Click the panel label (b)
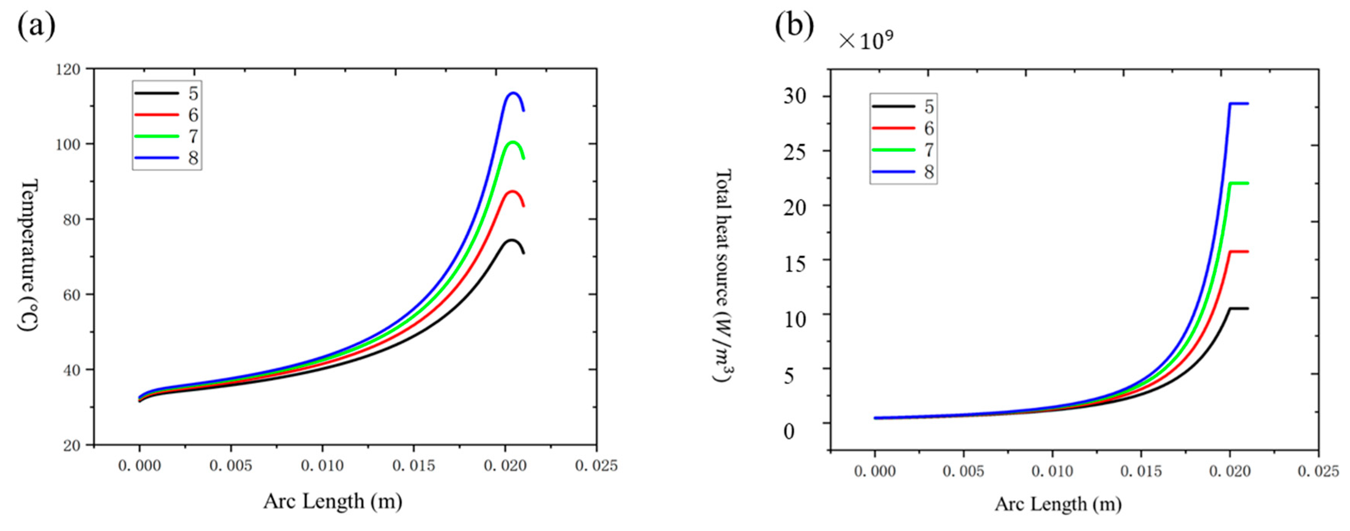[x=794, y=25]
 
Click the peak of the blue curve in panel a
[x=513, y=93]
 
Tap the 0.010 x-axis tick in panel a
[x=322, y=465]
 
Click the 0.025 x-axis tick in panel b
[x=1318, y=471]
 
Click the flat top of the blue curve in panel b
[x=1239, y=104]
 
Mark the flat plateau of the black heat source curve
[x=1239, y=309]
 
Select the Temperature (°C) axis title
[x=28, y=255]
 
